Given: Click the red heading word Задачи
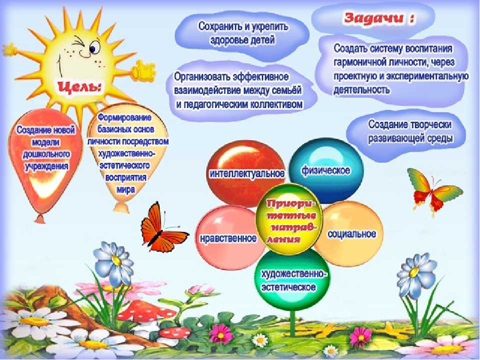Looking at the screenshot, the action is click(x=373, y=18).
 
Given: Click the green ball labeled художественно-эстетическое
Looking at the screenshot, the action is click(x=292, y=279).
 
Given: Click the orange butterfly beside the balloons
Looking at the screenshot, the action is click(x=161, y=229).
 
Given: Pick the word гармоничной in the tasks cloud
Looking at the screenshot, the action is click(x=357, y=62).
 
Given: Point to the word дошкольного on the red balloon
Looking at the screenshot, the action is click(x=46, y=154).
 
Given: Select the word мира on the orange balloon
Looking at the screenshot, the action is click(x=125, y=189).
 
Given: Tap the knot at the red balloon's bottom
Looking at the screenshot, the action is click(x=40, y=218).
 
